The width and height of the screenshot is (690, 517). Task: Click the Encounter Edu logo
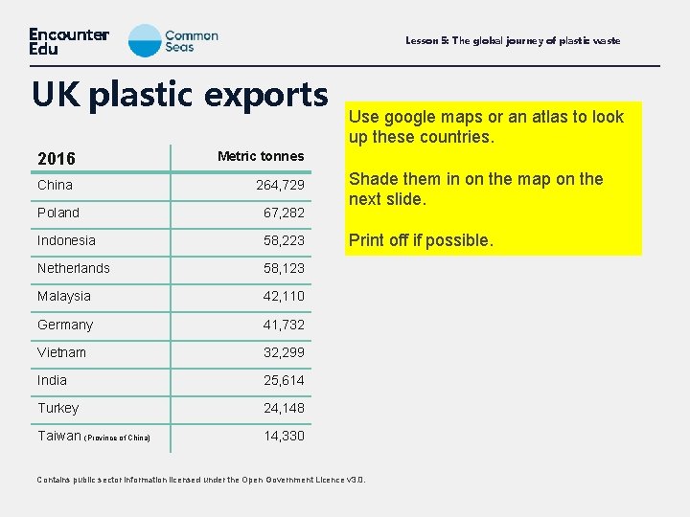(69, 40)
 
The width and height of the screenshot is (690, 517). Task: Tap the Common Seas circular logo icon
(145, 40)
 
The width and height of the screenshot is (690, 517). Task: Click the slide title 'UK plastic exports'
(179, 95)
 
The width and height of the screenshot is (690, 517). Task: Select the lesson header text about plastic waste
(513, 40)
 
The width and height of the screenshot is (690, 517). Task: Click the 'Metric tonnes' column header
(261, 156)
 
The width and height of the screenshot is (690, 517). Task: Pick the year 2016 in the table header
(57, 158)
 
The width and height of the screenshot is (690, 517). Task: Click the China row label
(55, 185)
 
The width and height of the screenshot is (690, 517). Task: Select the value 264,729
(280, 185)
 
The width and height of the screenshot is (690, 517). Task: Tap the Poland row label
(58, 213)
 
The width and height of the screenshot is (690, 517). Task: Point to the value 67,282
(284, 213)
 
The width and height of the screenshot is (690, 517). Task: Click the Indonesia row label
(66, 240)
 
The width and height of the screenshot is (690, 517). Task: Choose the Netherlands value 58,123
(284, 268)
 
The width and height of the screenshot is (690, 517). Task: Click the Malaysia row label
(64, 296)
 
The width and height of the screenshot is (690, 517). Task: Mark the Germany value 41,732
(284, 325)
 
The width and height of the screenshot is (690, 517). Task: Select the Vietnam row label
(61, 352)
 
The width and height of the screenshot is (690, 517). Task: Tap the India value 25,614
(284, 380)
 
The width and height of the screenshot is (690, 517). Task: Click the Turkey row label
(58, 408)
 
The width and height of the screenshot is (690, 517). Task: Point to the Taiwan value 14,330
(284, 436)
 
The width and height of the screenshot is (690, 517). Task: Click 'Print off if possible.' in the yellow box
(421, 240)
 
